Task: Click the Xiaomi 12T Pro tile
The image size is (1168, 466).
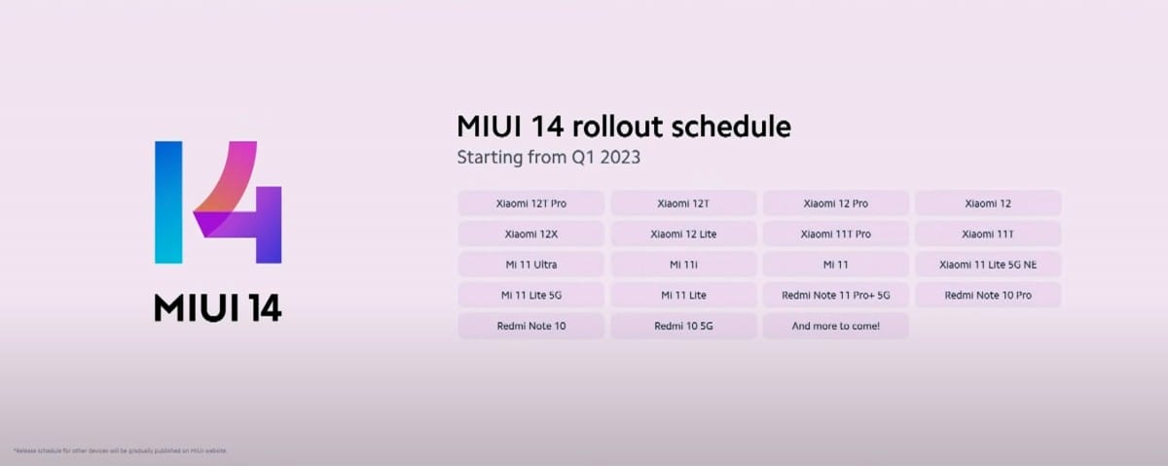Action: click(530, 203)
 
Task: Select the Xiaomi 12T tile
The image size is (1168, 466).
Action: click(683, 203)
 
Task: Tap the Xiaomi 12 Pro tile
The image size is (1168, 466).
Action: click(835, 203)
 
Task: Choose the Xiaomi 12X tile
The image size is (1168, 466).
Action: click(530, 233)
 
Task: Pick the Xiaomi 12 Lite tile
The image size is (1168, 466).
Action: click(683, 233)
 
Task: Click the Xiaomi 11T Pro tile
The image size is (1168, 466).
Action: click(835, 233)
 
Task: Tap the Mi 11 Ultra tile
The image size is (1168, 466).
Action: click(530, 265)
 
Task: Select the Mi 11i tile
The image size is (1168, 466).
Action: click(683, 265)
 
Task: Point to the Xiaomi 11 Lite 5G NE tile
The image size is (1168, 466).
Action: click(987, 265)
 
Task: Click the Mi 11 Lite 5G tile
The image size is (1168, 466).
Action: click(530, 295)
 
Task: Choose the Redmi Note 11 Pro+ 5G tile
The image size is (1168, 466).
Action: click(835, 295)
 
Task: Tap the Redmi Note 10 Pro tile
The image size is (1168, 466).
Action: click(987, 295)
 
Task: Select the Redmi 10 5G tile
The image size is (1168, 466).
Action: click(683, 326)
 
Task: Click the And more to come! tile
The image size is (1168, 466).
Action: click(835, 326)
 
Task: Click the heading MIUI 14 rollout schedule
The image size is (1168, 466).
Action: click(623, 126)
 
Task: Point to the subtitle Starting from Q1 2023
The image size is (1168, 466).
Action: click(549, 156)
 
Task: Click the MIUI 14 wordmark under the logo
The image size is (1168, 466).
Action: click(218, 306)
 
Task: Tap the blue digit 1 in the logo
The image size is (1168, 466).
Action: click(168, 201)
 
